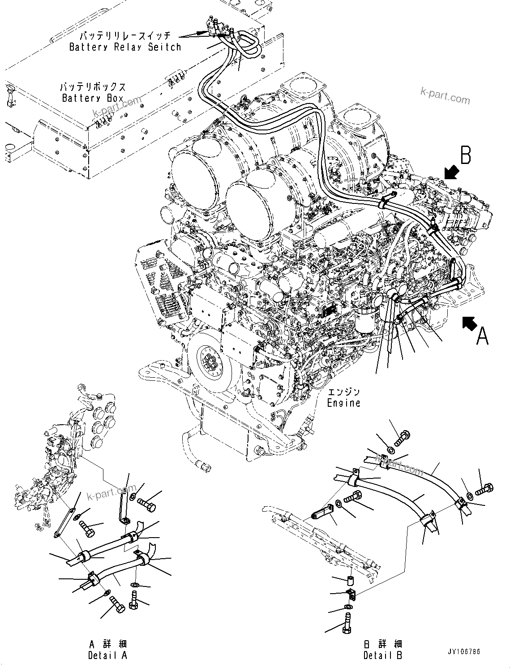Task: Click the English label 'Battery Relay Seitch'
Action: [125, 47]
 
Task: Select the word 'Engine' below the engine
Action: [343, 403]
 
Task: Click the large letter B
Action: [466, 155]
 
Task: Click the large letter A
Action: [482, 336]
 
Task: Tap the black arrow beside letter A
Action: [469, 321]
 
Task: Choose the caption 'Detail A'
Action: [107, 655]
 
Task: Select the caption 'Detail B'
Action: [382, 655]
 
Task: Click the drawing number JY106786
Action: [463, 651]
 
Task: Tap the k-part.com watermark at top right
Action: [445, 95]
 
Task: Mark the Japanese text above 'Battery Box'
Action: [93, 87]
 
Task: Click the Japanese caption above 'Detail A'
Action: [108, 644]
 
